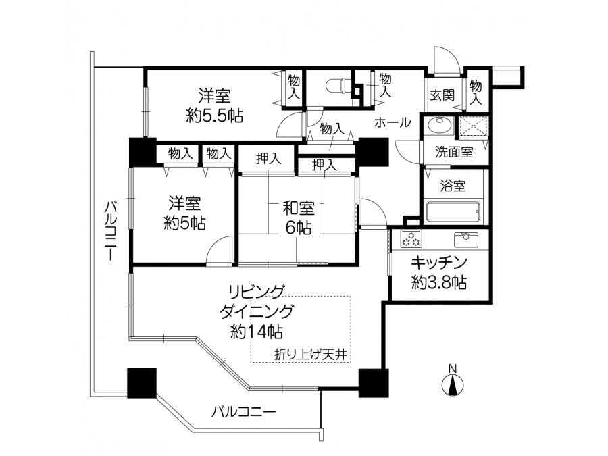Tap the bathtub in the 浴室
pyautogui.click(x=453, y=211)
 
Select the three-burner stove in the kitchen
pyautogui.click(x=411, y=238)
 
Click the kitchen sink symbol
pyautogui.click(x=466, y=239)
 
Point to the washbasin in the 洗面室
pyautogui.click(x=439, y=125)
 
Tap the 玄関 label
pyautogui.click(x=442, y=95)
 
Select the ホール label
pyautogui.click(x=392, y=122)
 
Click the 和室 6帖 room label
pyautogui.click(x=298, y=218)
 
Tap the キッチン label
pyautogui.click(x=439, y=263)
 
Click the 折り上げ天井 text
pyautogui.click(x=310, y=355)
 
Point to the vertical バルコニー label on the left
pyautogui.click(x=111, y=231)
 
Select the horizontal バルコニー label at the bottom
pyautogui.click(x=243, y=411)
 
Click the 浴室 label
pyautogui.click(x=453, y=186)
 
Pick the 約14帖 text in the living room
pyautogui.click(x=256, y=332)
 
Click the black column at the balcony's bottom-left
pyautogui.click(x=142, y=383)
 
